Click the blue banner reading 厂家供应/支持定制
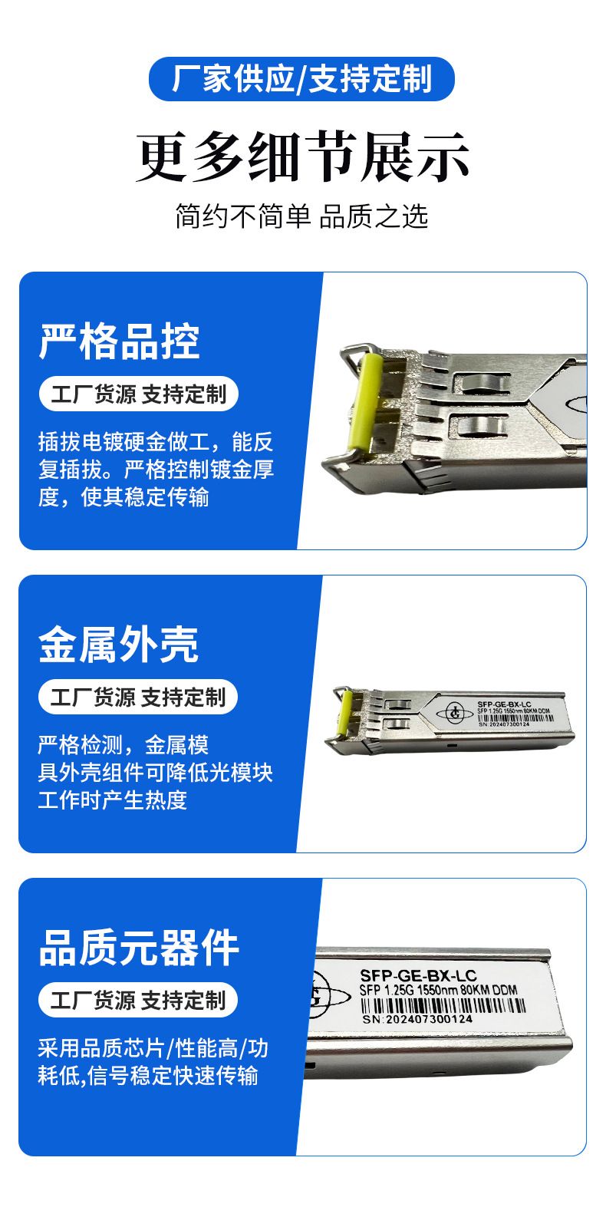pos(301,79)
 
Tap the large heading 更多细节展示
pos(302,157)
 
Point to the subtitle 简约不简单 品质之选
pos(301,216)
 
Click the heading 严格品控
pos(119,341)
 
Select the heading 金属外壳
pos(118,645)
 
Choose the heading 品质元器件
pos(138,948)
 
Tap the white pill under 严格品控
pos(138,394)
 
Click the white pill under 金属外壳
pos(138,697)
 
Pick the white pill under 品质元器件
pos(138,1000)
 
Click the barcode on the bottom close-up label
pos(443,1005)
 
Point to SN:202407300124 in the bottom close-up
pos(417,1019)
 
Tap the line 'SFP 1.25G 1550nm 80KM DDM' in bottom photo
pos(439,990)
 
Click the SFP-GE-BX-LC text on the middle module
pos(504,704)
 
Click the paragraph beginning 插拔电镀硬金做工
pos(156,470)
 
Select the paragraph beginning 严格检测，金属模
pos(155,773)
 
